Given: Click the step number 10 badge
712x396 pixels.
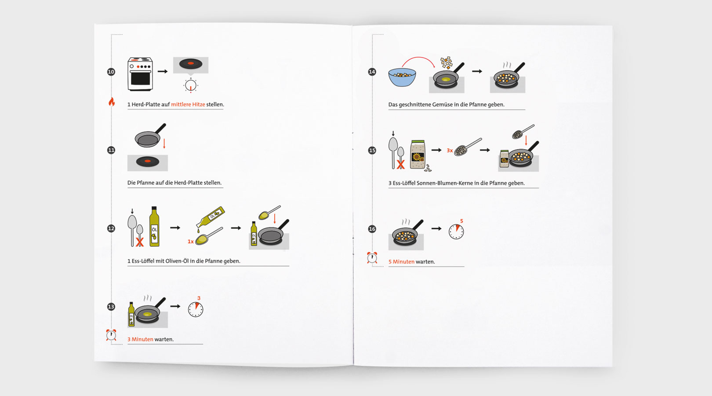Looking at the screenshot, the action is point(111,72).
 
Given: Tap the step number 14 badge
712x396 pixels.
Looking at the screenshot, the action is point(372,72).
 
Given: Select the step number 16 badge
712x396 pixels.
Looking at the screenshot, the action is point(372,229).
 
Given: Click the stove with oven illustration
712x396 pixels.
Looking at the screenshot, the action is point(140,74).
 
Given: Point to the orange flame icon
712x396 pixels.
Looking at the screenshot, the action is point(112,102).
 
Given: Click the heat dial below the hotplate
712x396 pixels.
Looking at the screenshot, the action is point(191,85).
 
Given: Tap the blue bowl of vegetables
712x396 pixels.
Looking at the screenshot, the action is point(402,77).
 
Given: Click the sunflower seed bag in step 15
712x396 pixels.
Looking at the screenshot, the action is point(418,154).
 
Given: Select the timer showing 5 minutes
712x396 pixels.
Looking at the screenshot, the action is point(456,231).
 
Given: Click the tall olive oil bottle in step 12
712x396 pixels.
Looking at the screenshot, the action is point(154,226).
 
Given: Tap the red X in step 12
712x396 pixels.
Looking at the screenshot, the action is point(139,242).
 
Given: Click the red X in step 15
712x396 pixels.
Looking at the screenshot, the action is point(400,165).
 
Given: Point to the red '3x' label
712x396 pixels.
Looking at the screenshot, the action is point(450,150).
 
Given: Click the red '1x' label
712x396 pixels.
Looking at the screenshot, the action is point(190,242).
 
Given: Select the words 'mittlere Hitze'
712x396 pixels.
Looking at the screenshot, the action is point(188,104).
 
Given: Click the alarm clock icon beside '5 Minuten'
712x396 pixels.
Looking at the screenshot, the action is point(372,257).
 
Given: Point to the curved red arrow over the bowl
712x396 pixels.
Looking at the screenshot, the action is point(418,57).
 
